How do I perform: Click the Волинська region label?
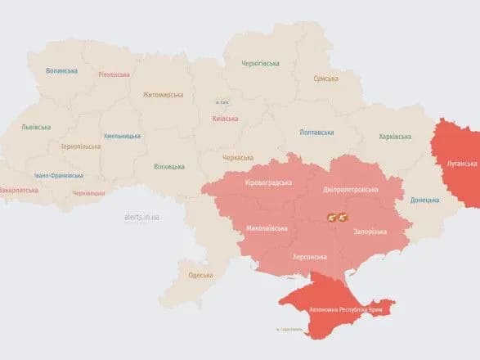pos(62,71)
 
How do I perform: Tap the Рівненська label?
pos(114,74)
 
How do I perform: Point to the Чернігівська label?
pos(261,63)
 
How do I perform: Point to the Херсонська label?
pos(310,257)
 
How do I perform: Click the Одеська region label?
pos(200,275)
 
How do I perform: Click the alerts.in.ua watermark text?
pos(141,217)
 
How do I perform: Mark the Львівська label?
pos(36,127)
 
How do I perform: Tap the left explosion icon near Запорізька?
pos(332,218)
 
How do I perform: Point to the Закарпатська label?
pos(19,190)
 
